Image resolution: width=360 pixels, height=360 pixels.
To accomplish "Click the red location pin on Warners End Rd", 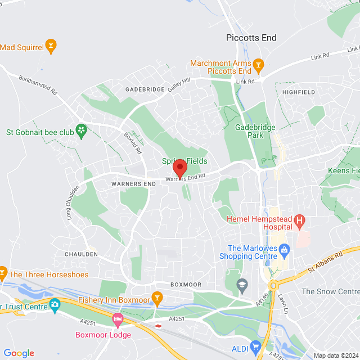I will (x=179, y=168).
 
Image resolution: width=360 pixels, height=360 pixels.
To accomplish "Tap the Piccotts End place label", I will (x=251, y=38).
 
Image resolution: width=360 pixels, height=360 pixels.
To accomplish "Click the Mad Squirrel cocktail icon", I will (x=51, y=45).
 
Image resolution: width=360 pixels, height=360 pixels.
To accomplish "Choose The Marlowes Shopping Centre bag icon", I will (x=284, y=248).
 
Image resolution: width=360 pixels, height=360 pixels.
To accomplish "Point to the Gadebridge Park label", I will (x=255, y=131).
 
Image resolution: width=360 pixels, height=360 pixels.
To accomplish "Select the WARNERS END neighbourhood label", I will (x=133, y=184).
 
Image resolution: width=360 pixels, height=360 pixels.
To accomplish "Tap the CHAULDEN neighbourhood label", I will (x=82, y=254).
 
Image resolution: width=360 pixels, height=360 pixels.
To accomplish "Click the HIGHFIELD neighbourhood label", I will (x=299, y=92).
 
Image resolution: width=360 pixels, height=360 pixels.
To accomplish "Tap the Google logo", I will (x=19, y=353).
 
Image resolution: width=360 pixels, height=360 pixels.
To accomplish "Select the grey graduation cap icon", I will (x=242, y=285).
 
